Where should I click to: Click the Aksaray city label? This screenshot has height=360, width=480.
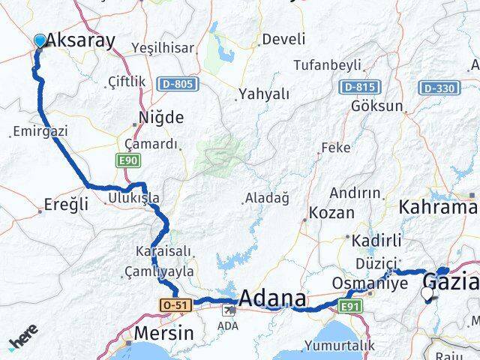(x=81, y=40)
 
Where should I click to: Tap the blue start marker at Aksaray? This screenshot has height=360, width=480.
(x=40, y=40)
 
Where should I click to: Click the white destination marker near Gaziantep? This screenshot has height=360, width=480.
(x=428, y=295)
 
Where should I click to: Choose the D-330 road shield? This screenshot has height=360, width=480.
(x=438, y=88)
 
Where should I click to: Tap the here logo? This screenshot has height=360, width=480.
(x=25, y=340)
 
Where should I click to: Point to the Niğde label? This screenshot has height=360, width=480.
(x=161, y=118)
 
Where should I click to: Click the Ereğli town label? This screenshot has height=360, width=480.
(x=67, y=203)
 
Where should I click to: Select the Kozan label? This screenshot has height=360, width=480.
(x=331, y=212)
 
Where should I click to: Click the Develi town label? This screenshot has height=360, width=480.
(x=281, y=39)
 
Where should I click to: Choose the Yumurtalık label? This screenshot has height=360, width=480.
(x=339, y=346)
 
